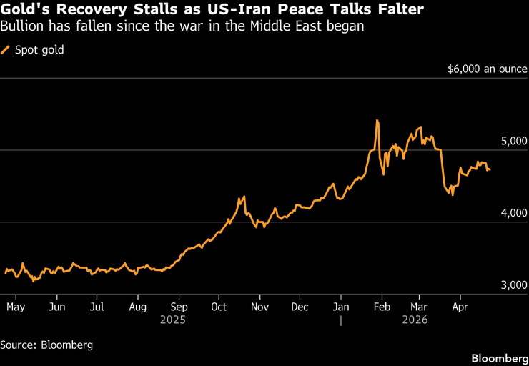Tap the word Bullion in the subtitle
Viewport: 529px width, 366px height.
tap(21, 27)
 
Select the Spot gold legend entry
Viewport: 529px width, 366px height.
tap(34, 50)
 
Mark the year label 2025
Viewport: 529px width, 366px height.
tap(179, 320)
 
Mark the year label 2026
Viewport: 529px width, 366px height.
tap(415, 320)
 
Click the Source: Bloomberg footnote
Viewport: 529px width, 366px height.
tap(46, 345)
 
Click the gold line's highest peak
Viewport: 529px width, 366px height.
tap(377, 120)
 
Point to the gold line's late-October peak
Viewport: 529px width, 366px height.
tap(244, 197)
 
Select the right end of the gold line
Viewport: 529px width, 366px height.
tap(490, 169)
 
